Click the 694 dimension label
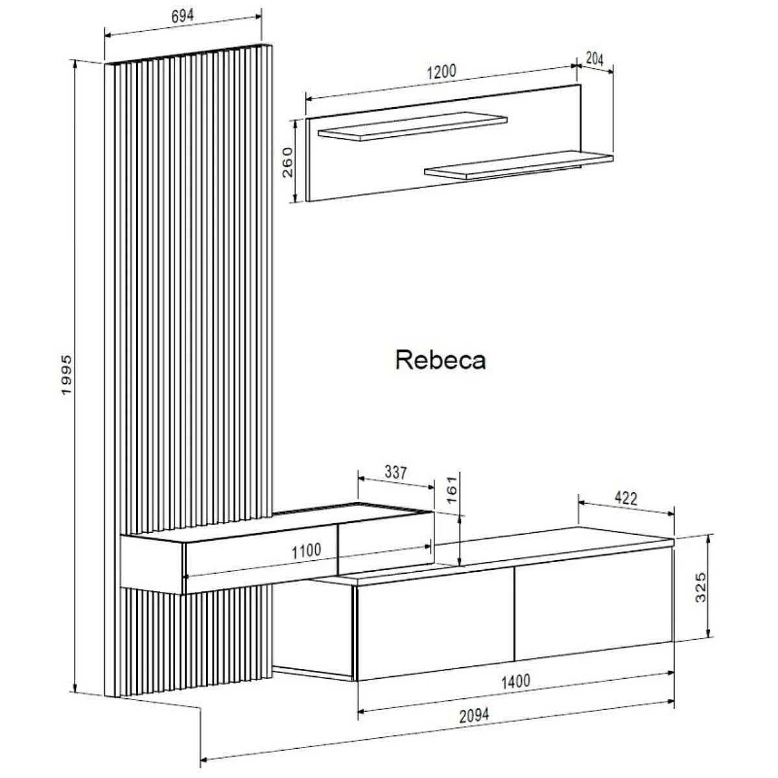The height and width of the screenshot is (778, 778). (x=183, y=17)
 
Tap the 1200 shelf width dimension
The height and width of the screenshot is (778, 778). (x=441, y=71)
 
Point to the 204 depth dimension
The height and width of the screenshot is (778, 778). (x=595, y=59)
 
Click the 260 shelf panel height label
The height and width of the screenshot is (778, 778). (x=288, y=161)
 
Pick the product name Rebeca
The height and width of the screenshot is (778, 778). (x=440, y=360)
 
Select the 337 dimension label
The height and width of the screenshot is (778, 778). (x=395, y=473)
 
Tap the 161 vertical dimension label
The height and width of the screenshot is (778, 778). (x=452, y=489)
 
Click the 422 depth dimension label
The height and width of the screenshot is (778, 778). (x=626, y=498)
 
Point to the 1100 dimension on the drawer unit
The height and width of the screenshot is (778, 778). (x=306, y=551)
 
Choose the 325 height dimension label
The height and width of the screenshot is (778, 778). (x=701, y=587)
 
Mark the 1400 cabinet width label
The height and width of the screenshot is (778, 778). (x=515, y=681)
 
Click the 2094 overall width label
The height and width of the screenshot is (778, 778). (x=475, y=715)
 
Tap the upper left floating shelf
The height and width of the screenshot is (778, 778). (x=412, y=128)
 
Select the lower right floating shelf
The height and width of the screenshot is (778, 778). (x=519, y=164)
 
